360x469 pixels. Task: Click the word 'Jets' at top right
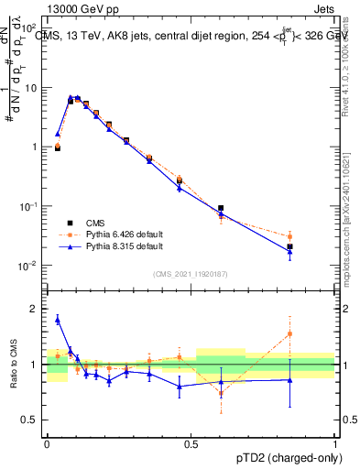323,8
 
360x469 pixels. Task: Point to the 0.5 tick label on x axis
191,443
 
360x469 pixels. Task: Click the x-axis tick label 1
335,443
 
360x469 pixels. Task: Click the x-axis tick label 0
47,443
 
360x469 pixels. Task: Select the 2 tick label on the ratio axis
36,309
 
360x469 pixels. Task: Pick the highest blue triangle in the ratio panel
58,320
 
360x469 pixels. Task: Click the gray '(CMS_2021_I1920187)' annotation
190,272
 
